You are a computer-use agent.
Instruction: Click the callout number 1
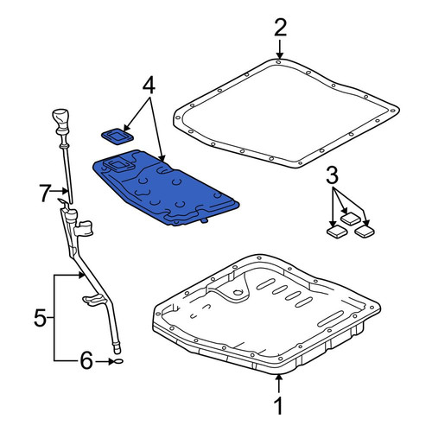click(278, 405)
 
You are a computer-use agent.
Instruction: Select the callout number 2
click(280, 28)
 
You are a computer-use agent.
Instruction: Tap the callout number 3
click(332, 175)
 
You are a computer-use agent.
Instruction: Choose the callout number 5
click(40, 317)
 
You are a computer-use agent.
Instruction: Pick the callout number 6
click(86, 360)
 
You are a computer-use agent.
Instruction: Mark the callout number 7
click(45, 194)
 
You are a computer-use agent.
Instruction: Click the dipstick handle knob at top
click(60, 119)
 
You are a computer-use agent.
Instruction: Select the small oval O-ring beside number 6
click(118, 361)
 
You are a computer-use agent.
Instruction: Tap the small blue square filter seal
click(118, 136)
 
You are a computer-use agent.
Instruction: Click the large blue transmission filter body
click(165, 187)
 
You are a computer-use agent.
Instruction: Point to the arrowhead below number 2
click(279, 55)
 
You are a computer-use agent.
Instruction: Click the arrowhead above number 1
click(278, 377)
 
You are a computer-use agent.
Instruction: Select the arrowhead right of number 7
click(66, 191)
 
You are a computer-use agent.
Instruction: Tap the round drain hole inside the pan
click(238, 293)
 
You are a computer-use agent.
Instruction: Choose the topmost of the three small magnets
click(351, 219)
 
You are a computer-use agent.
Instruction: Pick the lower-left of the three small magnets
click(337, 232)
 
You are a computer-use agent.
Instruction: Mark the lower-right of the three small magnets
click(365, 231)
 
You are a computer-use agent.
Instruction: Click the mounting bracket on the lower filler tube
click(92, 300)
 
